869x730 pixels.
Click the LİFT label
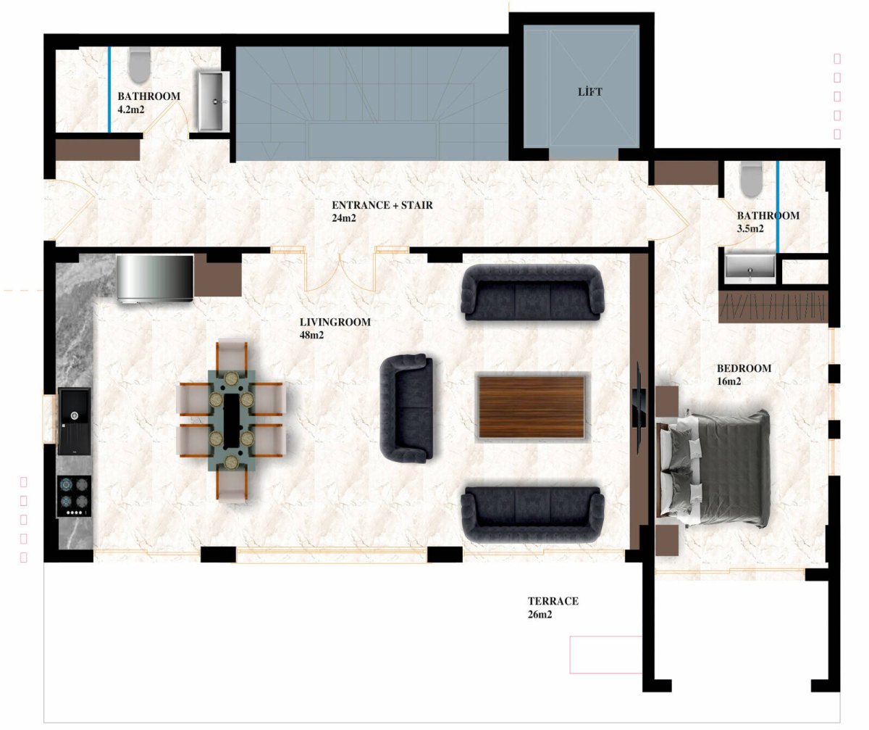pos(589,91)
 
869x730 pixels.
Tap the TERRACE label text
pos(553,601)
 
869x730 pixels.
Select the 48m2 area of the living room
pos(311,335)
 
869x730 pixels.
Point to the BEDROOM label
pos(744,368)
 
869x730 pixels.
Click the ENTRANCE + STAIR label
pos(382,205)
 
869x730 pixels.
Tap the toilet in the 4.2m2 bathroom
pos(139,65)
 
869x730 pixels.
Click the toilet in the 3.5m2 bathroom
pos(751,179)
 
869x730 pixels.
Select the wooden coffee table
pos(532,407)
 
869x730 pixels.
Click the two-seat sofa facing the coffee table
pos(406,408)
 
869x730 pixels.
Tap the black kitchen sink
pos(74,421)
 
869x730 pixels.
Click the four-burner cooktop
pos(74,497)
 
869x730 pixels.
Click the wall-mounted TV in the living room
pos(639,407)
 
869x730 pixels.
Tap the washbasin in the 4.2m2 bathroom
pos(213,101)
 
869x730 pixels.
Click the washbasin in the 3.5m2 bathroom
pos(750,267)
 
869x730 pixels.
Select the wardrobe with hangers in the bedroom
pos(773,306)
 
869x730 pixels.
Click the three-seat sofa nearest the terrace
pos(533,514)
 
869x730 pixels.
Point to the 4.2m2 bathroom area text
pos(130,109)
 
